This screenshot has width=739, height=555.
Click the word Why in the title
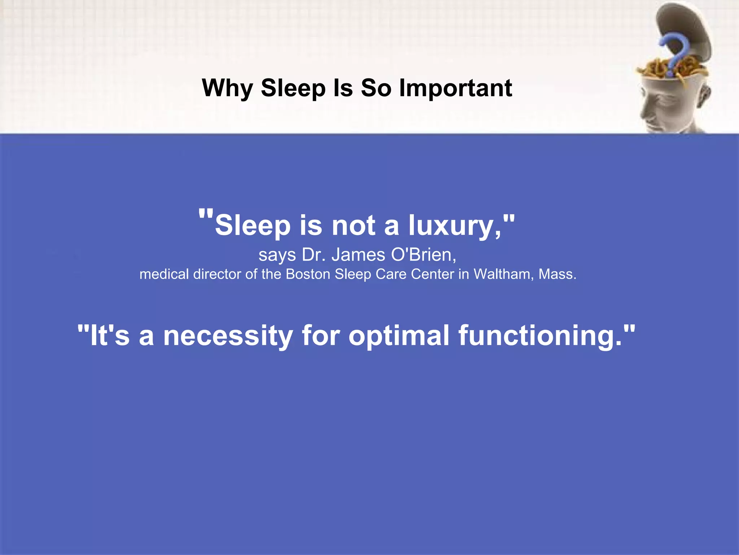pyautogui.click(x=227, y=88)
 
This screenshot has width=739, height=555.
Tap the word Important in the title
pyautogui.click(x=455, y=88)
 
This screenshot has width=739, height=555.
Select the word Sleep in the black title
pyautogui.click(x=293, y=88)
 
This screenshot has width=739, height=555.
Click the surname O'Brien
pyautogui.click(x=424, y=255)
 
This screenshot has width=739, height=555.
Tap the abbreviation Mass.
pyautogui.click(x=557, y=274)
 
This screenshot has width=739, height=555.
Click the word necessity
pyautogui.click(x=228, y=336)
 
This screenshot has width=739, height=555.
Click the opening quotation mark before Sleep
pyautogui.click(x=206, y=216)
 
